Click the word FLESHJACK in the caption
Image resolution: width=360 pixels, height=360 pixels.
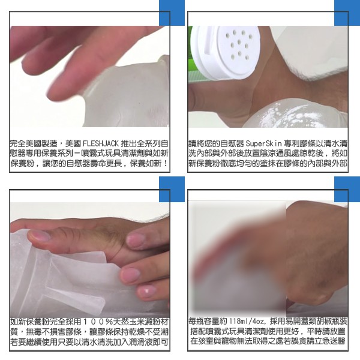tap(101, 144)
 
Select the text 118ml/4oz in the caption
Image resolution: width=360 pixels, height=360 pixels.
tap(247, 321)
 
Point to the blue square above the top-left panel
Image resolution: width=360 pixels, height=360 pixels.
tap(172, 13)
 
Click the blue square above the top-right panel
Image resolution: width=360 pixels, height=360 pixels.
tap(347, 13)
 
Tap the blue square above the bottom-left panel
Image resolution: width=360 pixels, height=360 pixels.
tap(172, 189)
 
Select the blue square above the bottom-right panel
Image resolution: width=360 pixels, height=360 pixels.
tap(347, 189)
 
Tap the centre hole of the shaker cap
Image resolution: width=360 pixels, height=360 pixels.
tap(239, 42)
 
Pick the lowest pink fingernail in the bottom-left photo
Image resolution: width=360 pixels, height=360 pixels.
tap(146, 292)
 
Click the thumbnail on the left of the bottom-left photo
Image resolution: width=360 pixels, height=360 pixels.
tap(38, 235)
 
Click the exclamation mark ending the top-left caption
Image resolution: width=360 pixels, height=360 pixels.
tap(166, 163)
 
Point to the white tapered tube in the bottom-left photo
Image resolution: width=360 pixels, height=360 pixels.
tap(76, 298)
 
